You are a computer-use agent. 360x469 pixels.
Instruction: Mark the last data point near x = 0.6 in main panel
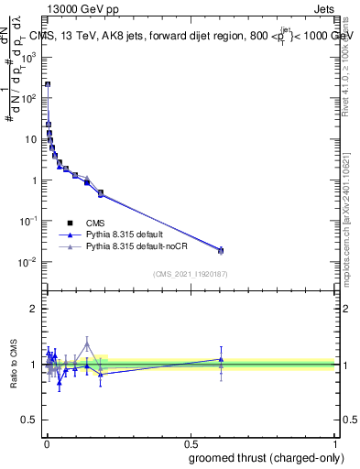point(220,250)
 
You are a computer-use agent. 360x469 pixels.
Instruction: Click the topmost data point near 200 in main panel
point(48,84)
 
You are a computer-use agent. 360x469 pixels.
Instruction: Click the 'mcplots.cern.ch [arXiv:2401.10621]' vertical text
point(351,220)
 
